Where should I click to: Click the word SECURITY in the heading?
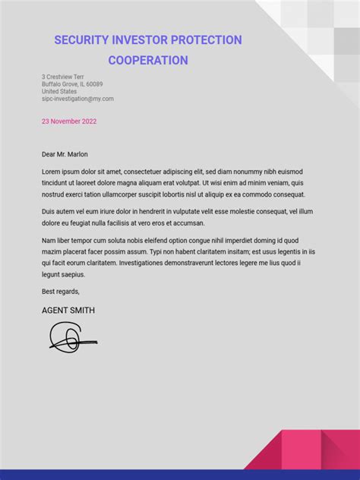pos(81,40)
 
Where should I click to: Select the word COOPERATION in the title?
pos(148,60)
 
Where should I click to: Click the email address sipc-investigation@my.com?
pos(77,99)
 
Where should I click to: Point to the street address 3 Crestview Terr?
pos(63,77)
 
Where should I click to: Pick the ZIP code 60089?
pos(94,84)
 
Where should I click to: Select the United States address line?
pos(59,91)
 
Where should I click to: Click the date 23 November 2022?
pos(69,121)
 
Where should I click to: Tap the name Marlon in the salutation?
pos(77,154)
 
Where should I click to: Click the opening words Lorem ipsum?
pos(61,172)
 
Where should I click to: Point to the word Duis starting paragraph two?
pos(49,212)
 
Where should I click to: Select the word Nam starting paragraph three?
pos(49,240)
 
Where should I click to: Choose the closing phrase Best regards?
pos(61,291)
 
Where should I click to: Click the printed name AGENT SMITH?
pos(68,311)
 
